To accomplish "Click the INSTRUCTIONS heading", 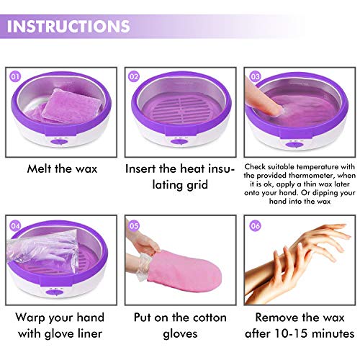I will [x=69, y=27].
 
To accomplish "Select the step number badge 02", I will [x=133, y=75].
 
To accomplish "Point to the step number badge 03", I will [x=255, y=75].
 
